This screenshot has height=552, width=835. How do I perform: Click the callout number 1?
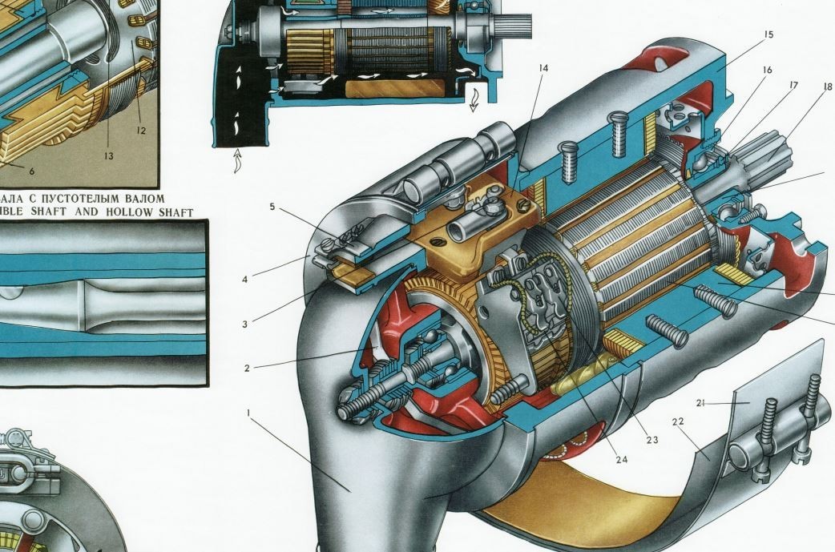click(x=249, y=413)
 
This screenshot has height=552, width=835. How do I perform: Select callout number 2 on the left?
click(x=248, y=369)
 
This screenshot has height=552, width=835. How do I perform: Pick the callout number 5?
click(x=272, y=207)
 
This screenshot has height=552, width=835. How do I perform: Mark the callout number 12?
click(x=141, y=130)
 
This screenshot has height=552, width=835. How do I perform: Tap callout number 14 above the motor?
click(x=543, y=68)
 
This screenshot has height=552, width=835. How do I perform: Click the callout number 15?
click(x=768, y=34)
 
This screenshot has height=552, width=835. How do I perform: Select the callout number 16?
click(x=767, y=71)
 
